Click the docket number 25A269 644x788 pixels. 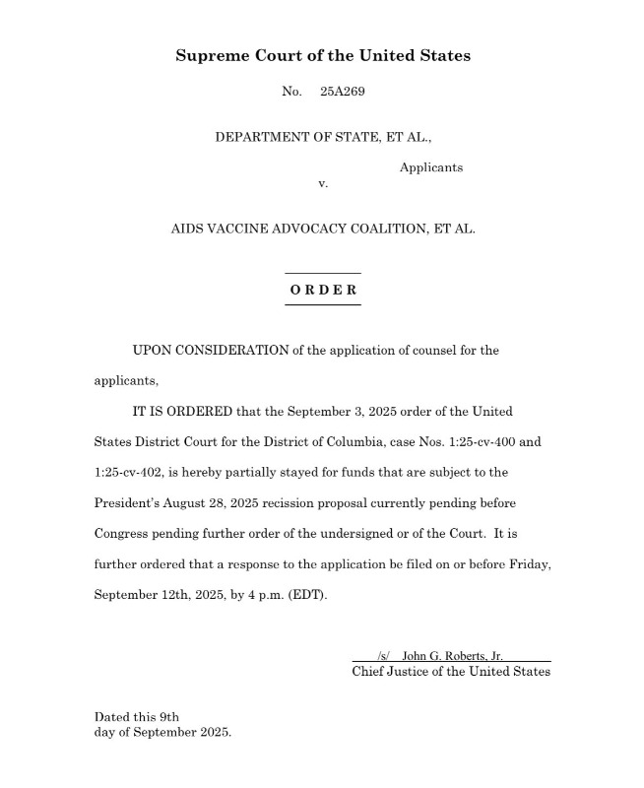tap(343, 92)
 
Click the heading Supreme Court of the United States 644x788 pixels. tap(323, 55)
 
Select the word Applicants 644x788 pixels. tap(430, 167)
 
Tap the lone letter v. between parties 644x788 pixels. tap(323, 184)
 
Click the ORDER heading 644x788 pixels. tap(323, 291)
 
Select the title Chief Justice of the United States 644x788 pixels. tap(451, 672)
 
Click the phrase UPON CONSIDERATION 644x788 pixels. tap(211, 351)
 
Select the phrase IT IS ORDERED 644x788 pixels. tap(181, 411)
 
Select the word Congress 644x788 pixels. tap(123, 534)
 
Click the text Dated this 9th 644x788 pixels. tap(137, 717)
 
